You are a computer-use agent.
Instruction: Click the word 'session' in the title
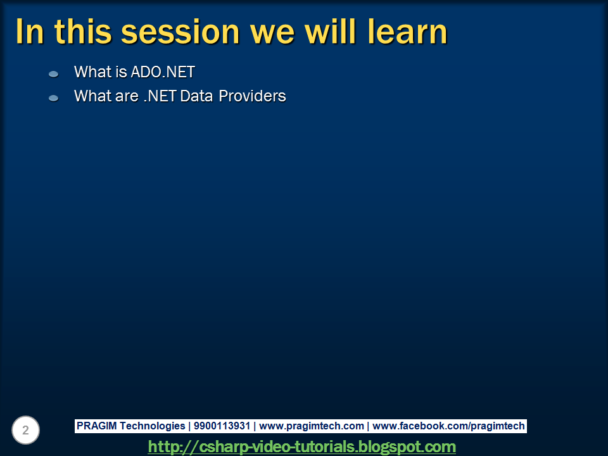coord(180,32)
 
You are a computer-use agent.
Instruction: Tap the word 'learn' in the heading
coord(407,32)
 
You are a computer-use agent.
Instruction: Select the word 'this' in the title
coord(83,32)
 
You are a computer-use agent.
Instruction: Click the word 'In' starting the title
coord(30,32)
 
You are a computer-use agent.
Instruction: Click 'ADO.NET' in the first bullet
coord(163,72)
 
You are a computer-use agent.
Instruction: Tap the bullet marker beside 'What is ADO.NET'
coord(53,74)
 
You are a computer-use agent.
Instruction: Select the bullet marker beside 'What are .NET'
coord(53,98)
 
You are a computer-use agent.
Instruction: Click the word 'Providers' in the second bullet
coord(253,96)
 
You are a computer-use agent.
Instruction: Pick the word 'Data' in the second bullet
coord(196,96)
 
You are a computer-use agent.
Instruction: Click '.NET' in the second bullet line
coord(160,96)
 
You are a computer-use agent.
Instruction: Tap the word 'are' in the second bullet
coord(127,98)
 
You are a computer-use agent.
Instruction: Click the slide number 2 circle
coord(25,430)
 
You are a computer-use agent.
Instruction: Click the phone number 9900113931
coord(222,426)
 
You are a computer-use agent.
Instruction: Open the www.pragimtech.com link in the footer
coord(312,426)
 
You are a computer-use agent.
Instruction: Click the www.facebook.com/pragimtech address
coord(448,426)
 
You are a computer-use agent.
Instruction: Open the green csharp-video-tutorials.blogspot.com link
coord(302,446)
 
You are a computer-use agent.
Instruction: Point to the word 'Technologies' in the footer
coord(153,426)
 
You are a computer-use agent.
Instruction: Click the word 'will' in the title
coord(330,32)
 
